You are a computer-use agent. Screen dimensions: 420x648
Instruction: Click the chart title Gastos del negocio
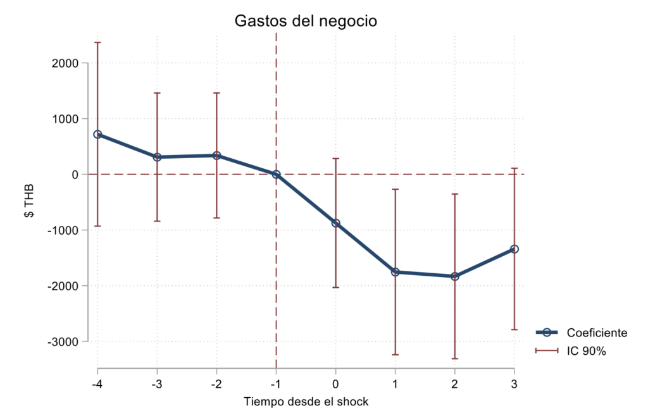(306, 21)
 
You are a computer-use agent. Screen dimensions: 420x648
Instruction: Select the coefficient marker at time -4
(97, 134)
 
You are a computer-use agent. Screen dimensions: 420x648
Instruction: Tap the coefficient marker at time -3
(157, 157)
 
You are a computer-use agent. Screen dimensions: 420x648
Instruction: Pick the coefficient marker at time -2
(216, 155)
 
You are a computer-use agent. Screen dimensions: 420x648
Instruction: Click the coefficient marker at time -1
(276, 174)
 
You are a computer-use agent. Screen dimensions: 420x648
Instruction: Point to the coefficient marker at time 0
(335, 223)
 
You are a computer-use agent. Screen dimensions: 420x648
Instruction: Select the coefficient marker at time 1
(395, 272)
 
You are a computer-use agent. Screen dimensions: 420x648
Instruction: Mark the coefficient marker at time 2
(454, 276)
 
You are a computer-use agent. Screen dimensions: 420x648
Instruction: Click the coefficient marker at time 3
(514, 249)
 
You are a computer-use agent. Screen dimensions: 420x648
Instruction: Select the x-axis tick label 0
(335, 384)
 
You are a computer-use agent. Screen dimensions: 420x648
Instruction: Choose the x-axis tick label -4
(97, 384)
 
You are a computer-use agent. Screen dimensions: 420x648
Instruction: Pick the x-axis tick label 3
(514, 384)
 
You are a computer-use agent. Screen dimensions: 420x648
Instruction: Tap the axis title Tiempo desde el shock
(306, 402)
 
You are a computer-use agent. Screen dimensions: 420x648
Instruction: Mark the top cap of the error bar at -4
(97, 42)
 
